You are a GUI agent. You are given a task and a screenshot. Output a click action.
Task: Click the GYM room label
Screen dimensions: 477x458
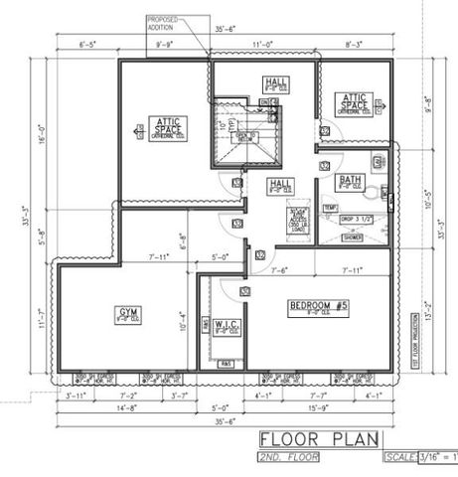[x=128, y=313]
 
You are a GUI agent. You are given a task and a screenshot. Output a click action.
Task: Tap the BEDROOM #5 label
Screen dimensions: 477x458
[x=317, y=305]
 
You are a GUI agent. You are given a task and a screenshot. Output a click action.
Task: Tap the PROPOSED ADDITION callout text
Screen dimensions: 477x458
[x=163, y=23]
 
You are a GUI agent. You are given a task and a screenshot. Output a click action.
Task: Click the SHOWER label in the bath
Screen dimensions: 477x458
[x=353, y=238]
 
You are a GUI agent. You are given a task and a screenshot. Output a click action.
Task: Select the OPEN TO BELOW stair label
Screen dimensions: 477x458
[x=246, y=137]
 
